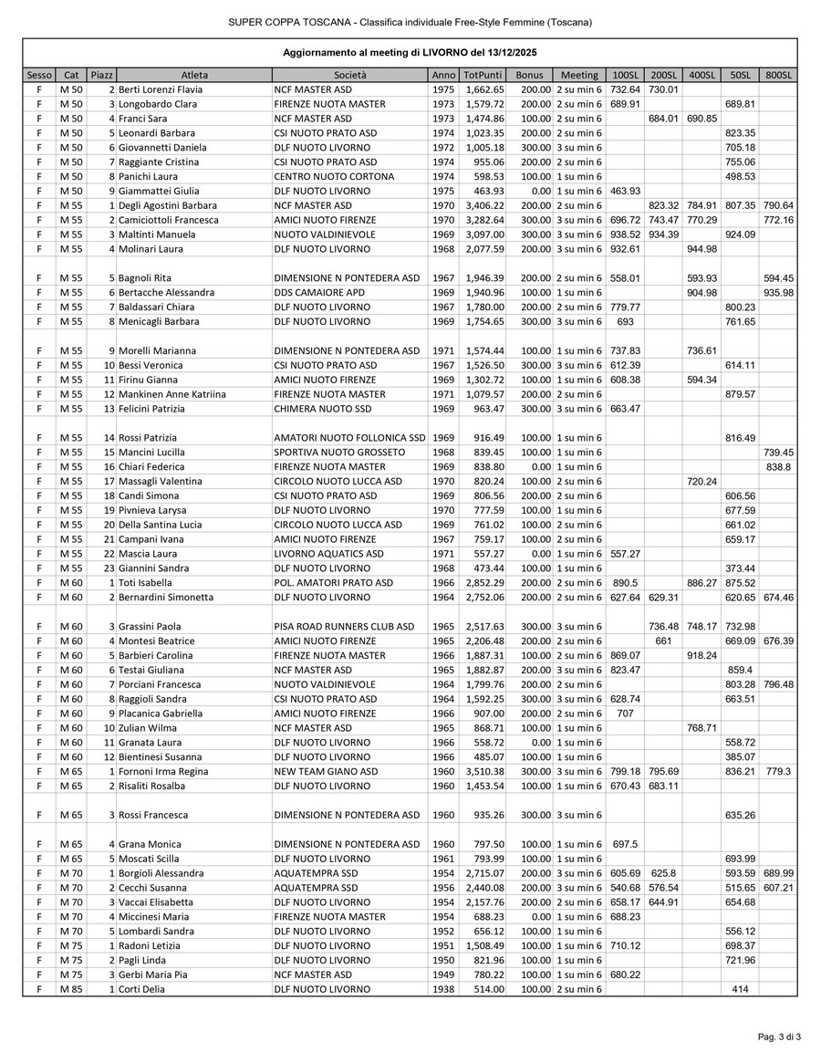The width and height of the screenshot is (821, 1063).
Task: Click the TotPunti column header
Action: pos(482,75)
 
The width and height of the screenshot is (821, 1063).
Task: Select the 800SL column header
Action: pos(778,75)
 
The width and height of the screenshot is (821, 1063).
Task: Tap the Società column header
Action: pos(349,75)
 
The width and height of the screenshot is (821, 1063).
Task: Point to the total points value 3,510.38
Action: pos(483,771)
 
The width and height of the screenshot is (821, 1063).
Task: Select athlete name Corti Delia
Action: pos(142,989)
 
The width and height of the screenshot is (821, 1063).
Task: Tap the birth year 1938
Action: pos(443,989)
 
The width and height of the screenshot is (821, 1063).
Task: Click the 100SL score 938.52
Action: pos(625,234)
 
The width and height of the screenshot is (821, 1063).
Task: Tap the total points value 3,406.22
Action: pos(483,205)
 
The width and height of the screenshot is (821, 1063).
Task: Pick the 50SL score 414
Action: pos(739,989)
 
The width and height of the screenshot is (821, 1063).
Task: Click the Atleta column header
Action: pos(194,75)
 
